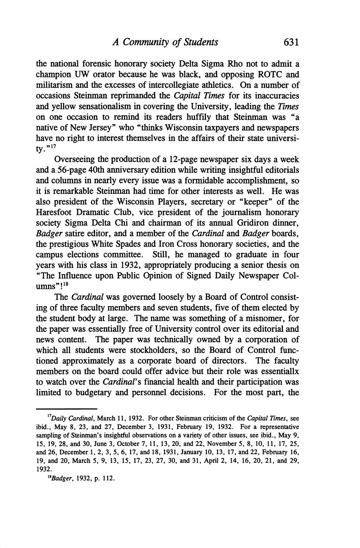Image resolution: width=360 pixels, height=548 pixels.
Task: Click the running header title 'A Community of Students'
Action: (165, 42)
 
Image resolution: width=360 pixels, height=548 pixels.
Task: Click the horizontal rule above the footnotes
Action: (67, 409)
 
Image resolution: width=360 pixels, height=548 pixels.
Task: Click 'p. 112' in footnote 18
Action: (105, 478)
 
